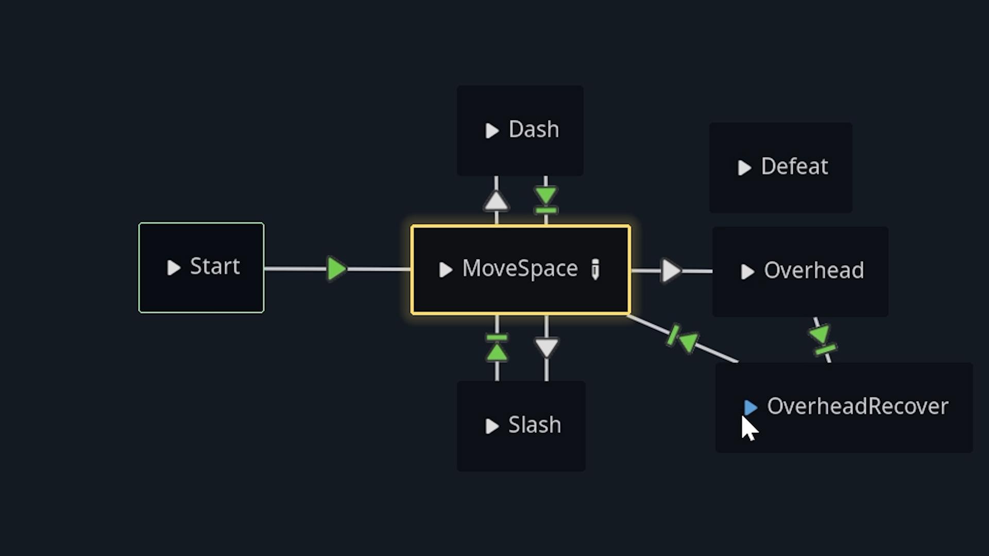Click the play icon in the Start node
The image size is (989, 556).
174,268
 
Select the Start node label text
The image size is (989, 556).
215,267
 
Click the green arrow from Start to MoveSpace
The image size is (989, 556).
336,269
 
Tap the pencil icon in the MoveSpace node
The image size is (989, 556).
595,269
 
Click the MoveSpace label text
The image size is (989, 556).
520,269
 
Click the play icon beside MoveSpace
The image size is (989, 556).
446,270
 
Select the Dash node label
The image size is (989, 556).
534,130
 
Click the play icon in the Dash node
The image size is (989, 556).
492,131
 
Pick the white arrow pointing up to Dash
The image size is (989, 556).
496,201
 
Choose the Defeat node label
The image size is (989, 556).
794,167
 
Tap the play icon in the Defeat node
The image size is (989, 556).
744,168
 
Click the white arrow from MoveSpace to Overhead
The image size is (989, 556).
671,270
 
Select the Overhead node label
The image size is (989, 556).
814,271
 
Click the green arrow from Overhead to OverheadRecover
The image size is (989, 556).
821,335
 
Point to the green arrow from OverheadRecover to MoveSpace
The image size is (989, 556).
688,341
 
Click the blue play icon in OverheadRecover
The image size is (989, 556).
751,408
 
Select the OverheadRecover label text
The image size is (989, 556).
858,407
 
